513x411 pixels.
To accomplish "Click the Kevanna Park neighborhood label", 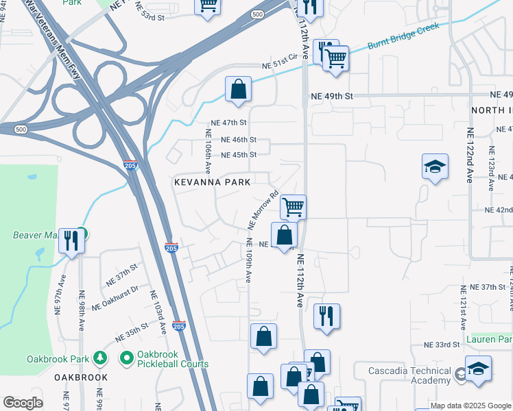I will point(212,182).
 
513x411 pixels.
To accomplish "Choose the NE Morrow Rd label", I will point(263,210).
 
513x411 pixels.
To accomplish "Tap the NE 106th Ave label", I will point(207,150).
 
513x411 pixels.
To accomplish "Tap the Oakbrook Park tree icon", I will point(100,358).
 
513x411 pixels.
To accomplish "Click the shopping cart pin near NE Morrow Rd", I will point(293,206).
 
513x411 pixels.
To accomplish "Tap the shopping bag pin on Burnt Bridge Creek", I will point(237,90).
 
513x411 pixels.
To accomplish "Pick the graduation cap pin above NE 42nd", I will point(435,166).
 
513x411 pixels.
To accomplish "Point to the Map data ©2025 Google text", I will point(470,406).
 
